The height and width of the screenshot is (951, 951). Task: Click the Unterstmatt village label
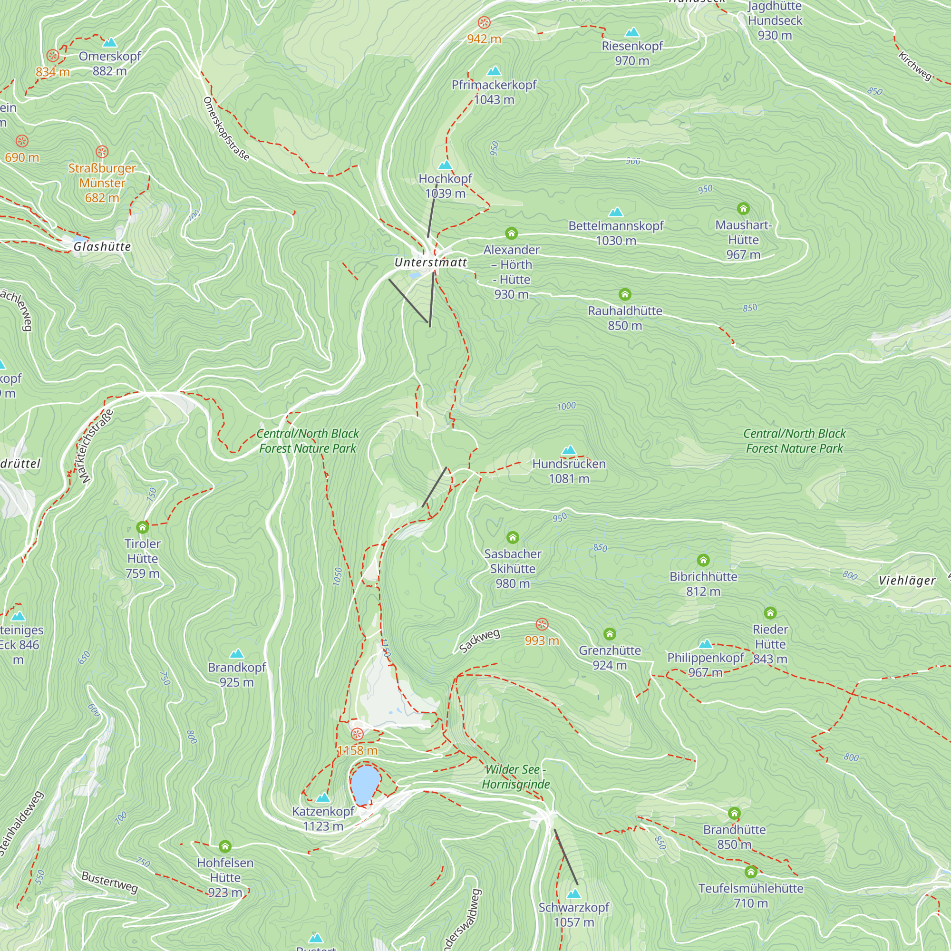[430, 262]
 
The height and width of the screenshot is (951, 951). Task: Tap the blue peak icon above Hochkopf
[445, 165]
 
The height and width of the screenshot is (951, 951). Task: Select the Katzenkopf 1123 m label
[323, 819]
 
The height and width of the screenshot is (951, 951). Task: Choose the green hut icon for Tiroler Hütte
[143, 527]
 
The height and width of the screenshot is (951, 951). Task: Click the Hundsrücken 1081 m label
[569, 471]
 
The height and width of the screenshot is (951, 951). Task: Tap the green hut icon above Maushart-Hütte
[743, 209]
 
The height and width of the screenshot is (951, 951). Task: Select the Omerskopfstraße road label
[226, 129]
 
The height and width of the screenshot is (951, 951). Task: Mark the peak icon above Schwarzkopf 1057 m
[573, 893]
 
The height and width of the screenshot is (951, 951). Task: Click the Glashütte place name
[102, 247]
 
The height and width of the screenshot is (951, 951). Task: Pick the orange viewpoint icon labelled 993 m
[542, 624]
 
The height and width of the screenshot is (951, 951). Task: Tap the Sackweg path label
[479, 641]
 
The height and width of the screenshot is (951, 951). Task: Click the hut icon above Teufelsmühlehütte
[751, 872]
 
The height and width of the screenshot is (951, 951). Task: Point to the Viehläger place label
[907, 580]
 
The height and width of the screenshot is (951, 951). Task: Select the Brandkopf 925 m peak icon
[237, 654]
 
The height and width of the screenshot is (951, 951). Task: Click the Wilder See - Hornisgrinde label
[515, 777]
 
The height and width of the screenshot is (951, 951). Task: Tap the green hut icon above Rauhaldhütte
[625, 294]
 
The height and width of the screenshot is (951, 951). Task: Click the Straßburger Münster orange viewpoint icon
[102, 152]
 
